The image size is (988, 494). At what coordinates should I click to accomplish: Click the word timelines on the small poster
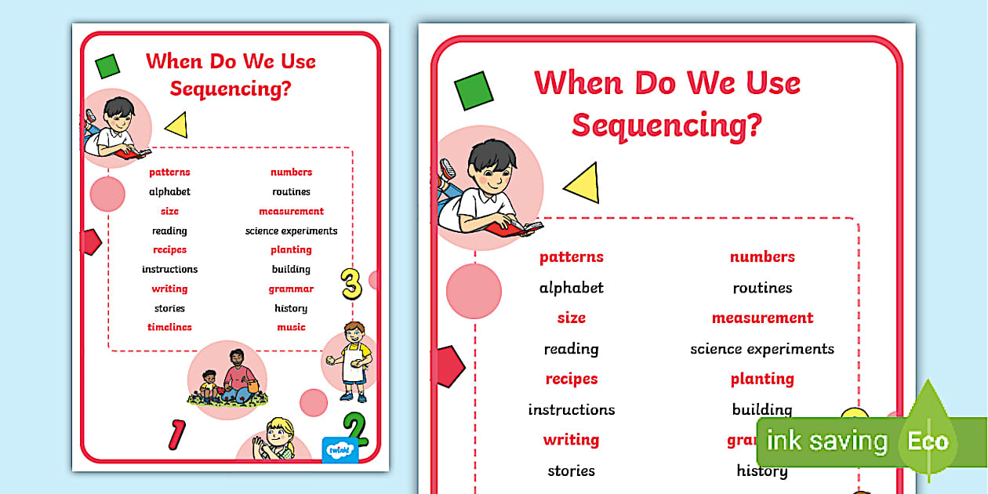click(x=169, y=327)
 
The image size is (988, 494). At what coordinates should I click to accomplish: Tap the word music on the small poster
click(x=291, y=327)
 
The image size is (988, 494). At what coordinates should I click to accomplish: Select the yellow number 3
click(x=351, y=284)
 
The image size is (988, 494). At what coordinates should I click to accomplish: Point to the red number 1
click(x=178, y=434)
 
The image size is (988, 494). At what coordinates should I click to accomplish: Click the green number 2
click(x=355, y=429)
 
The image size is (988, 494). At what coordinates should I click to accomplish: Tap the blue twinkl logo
click(x=340, y=449)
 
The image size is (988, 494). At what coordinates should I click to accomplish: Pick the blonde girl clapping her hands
click(x=274, y=439)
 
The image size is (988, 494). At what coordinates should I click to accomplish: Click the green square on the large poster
click(x=474, y=90)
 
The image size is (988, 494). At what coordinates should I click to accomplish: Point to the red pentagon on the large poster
click(x=446, y=366)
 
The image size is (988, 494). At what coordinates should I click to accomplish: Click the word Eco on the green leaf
click(x=928, y=441)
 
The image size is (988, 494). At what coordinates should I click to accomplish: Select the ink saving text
click(x=826, y=441)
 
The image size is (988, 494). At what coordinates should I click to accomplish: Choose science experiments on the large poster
click(x=762, y=349)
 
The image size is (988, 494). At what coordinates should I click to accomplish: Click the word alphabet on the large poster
click(x=571, y=288)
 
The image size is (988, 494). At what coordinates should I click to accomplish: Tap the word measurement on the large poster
click(x=762, y=318)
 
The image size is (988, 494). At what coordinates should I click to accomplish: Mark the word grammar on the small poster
click(x=291, y=289)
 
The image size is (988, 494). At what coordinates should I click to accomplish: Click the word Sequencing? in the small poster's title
click(x=231, y=88)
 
